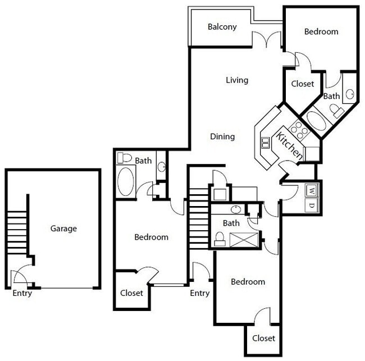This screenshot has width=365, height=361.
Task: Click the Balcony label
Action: pyautogui.click(x=222, y=27)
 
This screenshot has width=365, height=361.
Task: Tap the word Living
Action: pyautogui.click(x=237, y=80)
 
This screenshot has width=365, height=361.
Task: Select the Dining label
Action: pyautogui.click(x=222, y=136)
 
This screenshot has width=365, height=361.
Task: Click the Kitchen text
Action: pyautogui.click(x=289, y=145)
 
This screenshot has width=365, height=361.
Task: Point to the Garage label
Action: pyautogui.click(x=63, y=229)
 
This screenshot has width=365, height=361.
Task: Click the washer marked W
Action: pyautogui.click(x=311, y=191)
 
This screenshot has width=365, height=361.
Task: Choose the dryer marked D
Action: pyautogui.click(x=311, y=205)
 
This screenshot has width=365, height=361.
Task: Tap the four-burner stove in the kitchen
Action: pyautogui.click(x=299, y=130)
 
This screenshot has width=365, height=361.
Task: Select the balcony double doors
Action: pyautogui.click(x=266, y=40)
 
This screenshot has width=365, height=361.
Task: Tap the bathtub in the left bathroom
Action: pyautogui.click(x=125, y=181)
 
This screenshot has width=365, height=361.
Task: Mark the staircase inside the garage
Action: pyautogui.click(x=17, y=231)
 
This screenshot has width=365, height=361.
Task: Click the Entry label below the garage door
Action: pyautogui.click(x=22, y=293)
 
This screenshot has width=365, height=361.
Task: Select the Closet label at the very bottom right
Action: pyautogui.click(x=263, y=338)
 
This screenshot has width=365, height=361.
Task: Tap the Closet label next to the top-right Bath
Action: pyautogui.click(x=303, y=84)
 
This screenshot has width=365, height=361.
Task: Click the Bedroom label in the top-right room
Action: pyautogui.click(x=321, y=31)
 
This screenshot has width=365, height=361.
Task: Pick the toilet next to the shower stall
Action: pyautogui.click(x=220, y=240)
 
